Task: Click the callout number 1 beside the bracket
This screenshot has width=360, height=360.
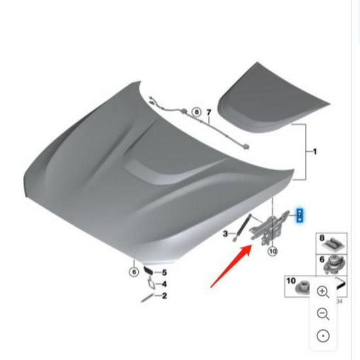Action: pyautogui.click(x=315, y=152)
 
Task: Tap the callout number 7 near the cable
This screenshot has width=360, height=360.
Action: pyautogui.click(x=209, y=113)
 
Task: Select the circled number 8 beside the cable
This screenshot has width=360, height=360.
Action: pyautogui.click(x=196, y=113)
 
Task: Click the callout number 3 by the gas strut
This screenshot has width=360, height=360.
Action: pyautogui.click(x=225, y=233)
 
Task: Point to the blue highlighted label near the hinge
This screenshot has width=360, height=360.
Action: pyautogui.click(x=300, y=215)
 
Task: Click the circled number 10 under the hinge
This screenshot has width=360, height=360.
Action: pyautogui.click(x=272, y=251)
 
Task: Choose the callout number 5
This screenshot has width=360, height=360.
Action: pyautogui.click(x=164, y=272)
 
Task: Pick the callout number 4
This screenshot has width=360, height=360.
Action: pyautogui.click(x=164, y=284)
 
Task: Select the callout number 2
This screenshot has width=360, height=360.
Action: pyautogui.click(x=164, y=296)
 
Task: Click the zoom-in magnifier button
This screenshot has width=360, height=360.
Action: pyautogui.click(x=323, y=291)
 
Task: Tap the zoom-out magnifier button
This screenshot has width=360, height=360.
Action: pyautogui.click(x=323, y=314)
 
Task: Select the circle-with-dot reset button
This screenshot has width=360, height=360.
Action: pyautogui.click(x=323, y=336)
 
